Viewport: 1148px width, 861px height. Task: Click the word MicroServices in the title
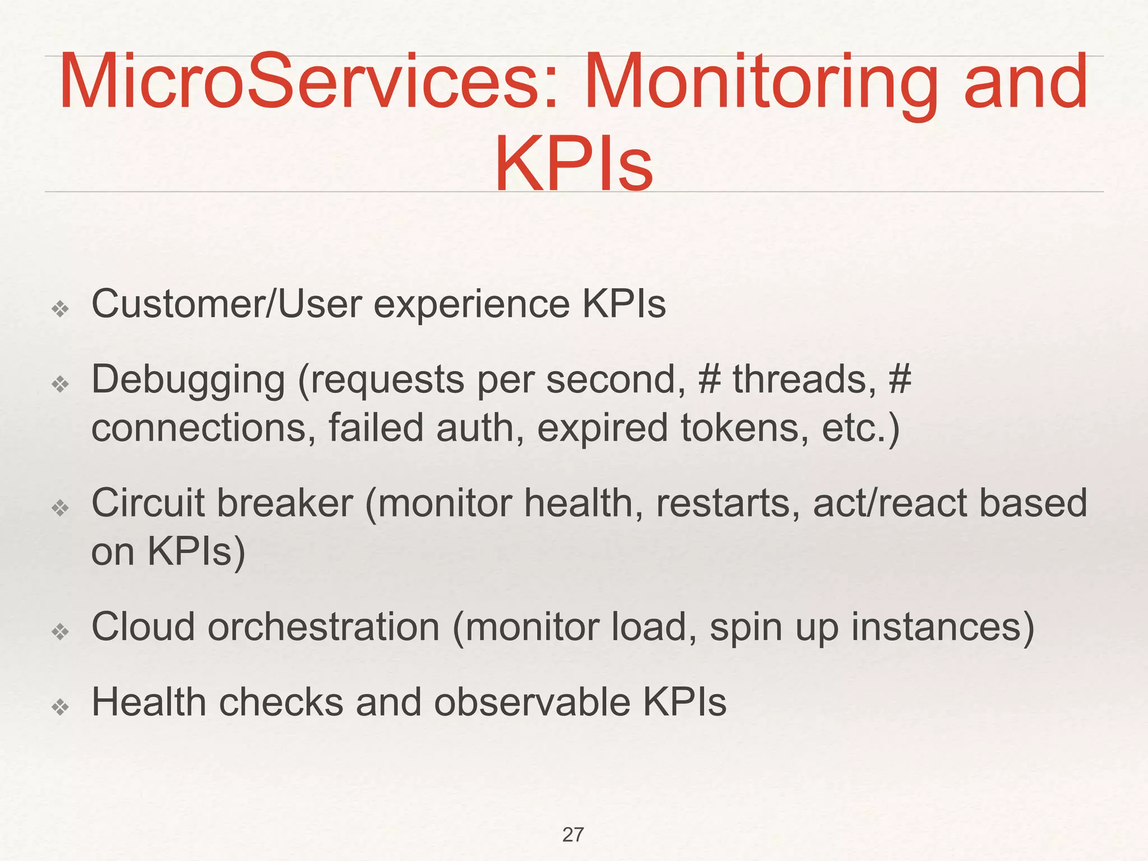pyautogui.click(x=308, y=81)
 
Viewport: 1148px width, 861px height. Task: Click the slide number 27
pyautogui.click(x=573, y=835)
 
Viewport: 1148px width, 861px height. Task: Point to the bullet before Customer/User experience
pyautogui.click(x=60, y=308)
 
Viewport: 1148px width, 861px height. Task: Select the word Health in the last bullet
pyautogui.click(x=149, y=702)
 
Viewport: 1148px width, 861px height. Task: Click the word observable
pyautogui.click(x=532, y=702)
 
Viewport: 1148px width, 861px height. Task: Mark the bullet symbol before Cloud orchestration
pyautogui.click(x=60, y=632)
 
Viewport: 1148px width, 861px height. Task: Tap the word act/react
pyautogui.click(x=890, y=503)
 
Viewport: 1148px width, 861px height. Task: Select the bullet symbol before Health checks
pyautogui.click(x=60, y=707)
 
